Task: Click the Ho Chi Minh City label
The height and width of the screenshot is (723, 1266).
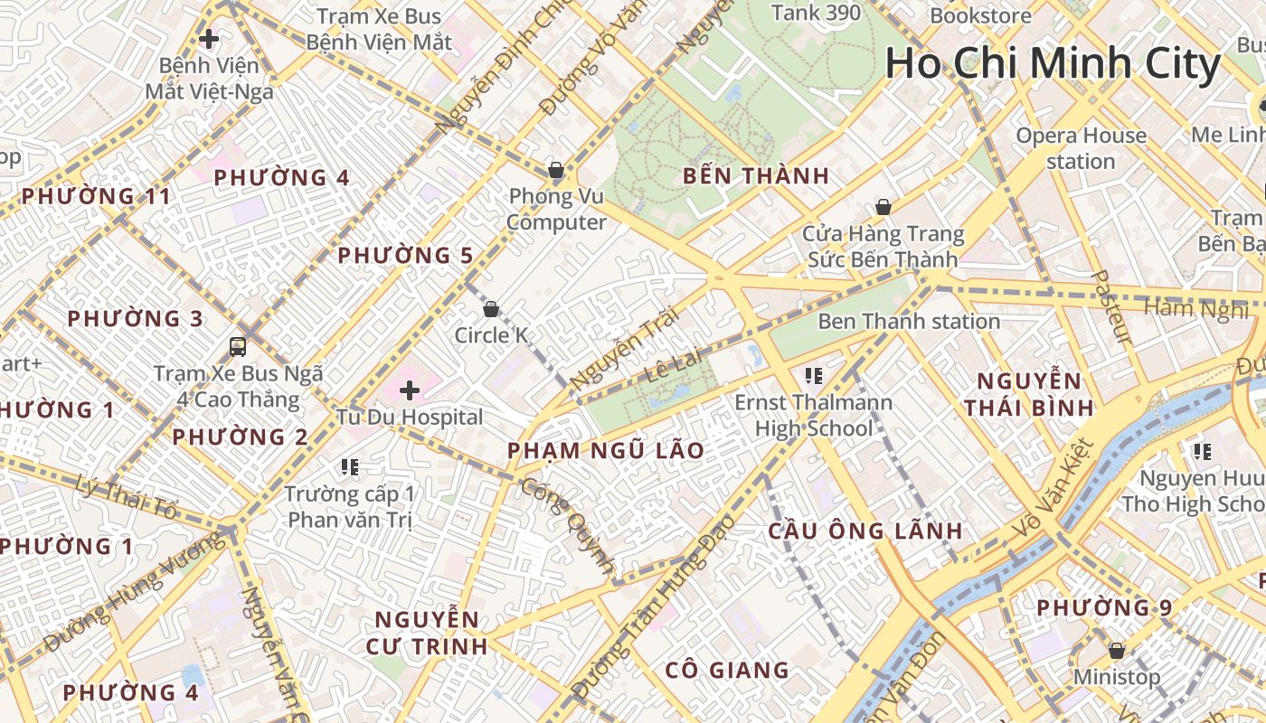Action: tap(1053, 63)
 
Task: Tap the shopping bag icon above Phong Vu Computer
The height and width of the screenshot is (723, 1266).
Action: tap(555, 170)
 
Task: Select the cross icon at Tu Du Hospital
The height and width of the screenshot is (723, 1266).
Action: tap(410, 390)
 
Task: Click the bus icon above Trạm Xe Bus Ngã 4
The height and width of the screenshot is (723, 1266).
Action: tap(238, 346)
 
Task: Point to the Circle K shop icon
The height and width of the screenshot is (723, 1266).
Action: tap(491, 309)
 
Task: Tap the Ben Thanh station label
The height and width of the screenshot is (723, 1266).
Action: tap(909, 322)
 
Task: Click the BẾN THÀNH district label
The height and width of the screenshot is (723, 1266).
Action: tap(756, 176)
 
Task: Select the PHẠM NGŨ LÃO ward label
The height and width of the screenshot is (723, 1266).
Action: tap(606, 451)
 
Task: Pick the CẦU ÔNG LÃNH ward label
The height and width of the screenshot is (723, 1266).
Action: tap(865, 531)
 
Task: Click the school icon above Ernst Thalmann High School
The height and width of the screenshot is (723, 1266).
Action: tap(813, 375)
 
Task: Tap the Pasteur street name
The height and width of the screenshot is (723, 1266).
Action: tap(1112, 306)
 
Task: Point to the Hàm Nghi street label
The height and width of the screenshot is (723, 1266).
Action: tap(1195, 310)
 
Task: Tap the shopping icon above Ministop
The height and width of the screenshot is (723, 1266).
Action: tap(1117, 651)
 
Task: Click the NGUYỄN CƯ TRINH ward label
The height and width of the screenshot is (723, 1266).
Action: tap(427, 633)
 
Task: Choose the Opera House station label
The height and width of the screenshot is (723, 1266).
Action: tap(1081, 148)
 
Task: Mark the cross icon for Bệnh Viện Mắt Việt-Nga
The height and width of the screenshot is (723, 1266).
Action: tap(209, 39)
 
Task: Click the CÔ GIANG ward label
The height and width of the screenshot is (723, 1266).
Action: tap(727, 670)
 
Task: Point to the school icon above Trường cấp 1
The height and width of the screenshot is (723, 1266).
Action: tap(350, 467)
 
